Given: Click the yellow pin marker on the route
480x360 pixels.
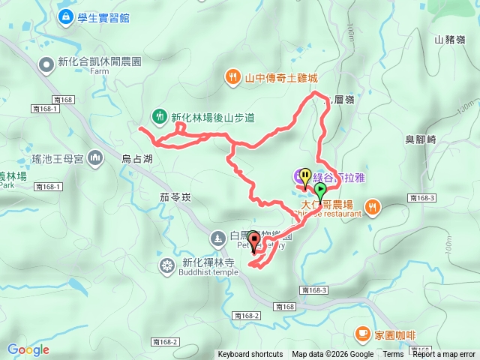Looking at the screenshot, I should (x=304, y=177).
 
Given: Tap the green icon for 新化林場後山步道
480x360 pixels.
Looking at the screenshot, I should (x=159, y=116).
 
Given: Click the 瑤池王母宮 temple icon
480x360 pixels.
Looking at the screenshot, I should (x=95, y=157).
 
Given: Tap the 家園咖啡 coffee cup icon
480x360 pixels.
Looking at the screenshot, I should (x=362, y=331).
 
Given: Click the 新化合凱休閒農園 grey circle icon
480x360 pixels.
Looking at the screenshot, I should (x=47, y=64).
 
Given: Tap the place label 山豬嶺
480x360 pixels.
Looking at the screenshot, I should (x=449, y=40).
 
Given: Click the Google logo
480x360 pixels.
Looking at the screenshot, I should (x=28, y=349).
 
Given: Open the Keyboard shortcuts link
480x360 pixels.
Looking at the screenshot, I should (x=250, y=355).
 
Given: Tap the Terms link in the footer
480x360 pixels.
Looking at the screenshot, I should (x=393, y=355).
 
